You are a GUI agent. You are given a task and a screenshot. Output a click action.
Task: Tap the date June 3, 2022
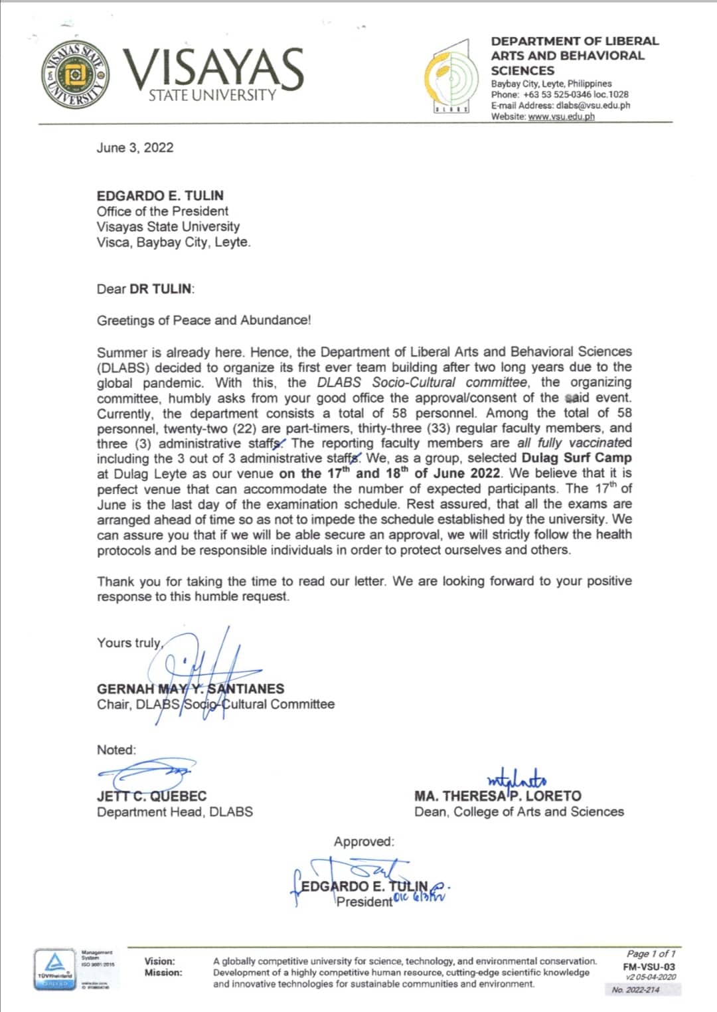[x=135, y=147]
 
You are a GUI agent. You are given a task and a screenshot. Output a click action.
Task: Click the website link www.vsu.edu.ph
[x=561, y=117]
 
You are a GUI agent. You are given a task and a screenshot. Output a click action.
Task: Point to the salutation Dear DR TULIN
[x=145, y=289]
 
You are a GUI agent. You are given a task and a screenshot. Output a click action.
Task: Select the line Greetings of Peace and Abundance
[x=203, y=320]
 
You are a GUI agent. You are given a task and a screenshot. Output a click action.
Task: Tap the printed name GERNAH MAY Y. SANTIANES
[x=191, y=689]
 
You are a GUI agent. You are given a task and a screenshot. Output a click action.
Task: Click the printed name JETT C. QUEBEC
[x=151, y=796]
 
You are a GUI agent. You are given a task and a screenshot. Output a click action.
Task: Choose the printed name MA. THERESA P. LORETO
[x=497, y=796]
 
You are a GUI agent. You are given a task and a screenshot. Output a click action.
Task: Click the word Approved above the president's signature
[x=364, y=841]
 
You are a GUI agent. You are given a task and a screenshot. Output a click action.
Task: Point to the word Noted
[x=116, y=750]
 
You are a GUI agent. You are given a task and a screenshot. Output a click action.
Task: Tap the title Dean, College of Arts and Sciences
[x=518, y=811]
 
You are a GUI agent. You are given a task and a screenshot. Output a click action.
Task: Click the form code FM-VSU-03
[x=649, y=967]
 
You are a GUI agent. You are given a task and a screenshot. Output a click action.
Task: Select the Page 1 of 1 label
[x=651, y=954]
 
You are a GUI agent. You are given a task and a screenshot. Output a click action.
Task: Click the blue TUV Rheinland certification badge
[x=54, y=970]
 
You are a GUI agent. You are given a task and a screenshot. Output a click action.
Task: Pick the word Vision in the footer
[x=160, y=961]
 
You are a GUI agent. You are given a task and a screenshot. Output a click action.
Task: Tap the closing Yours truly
[x=129, y=643]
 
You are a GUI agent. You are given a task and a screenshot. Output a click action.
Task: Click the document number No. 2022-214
[x=635, y=990]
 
